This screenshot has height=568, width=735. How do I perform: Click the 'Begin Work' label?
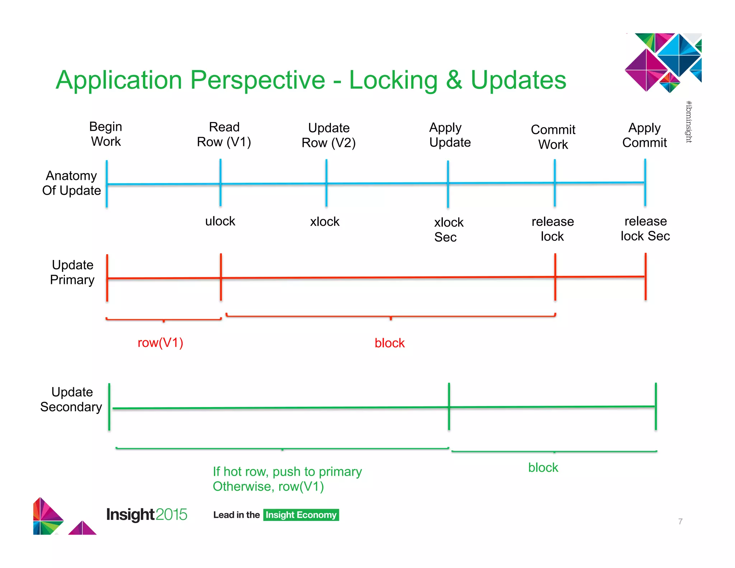[106, 134]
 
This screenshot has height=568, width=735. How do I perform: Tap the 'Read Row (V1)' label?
[224, 134]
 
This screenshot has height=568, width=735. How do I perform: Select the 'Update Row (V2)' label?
[329, 135]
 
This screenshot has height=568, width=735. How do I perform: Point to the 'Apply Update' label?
[450, 135]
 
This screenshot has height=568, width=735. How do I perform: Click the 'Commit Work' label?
[553, 137]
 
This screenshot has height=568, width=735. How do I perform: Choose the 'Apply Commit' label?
[645, 135]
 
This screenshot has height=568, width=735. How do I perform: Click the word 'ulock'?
[220, 221]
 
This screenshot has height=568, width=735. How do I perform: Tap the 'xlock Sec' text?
[448, 230]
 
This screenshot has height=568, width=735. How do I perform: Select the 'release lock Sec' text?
[645, 229]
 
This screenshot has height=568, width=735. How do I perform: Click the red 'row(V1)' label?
[160, 343]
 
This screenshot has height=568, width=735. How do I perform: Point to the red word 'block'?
[389, 343]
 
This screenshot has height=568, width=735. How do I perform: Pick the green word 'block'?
[543, 467]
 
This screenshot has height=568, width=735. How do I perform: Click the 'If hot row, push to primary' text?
[287, 471]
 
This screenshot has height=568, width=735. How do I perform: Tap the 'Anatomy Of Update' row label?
[71, 183]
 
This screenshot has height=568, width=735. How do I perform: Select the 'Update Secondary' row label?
[71, 399]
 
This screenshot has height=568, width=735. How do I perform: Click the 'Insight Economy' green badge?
[301, 515]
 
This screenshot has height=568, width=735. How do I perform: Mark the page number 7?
[680, 521]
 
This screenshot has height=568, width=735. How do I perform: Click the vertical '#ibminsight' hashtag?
[689, 122]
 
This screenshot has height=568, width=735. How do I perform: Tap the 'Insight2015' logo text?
[146, 515]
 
